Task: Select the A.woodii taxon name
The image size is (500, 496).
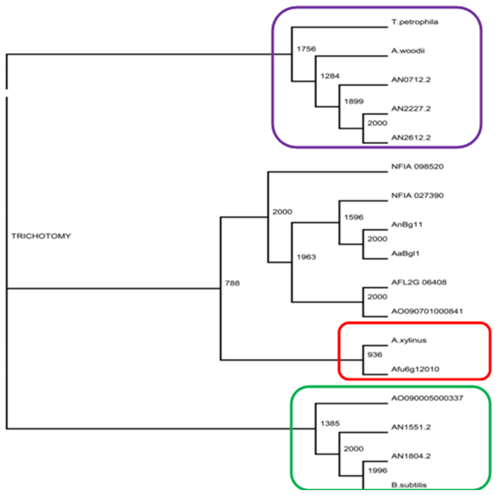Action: pos(406,50)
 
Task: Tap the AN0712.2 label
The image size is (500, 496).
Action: pos(409,79)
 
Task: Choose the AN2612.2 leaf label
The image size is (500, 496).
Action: pos(409,138)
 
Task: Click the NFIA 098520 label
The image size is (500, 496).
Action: pos(417,166)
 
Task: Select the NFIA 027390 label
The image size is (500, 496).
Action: pos(417,195)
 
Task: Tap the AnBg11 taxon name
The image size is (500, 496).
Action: pos(406,223)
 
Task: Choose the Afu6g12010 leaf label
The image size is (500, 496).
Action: pos(415,369)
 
